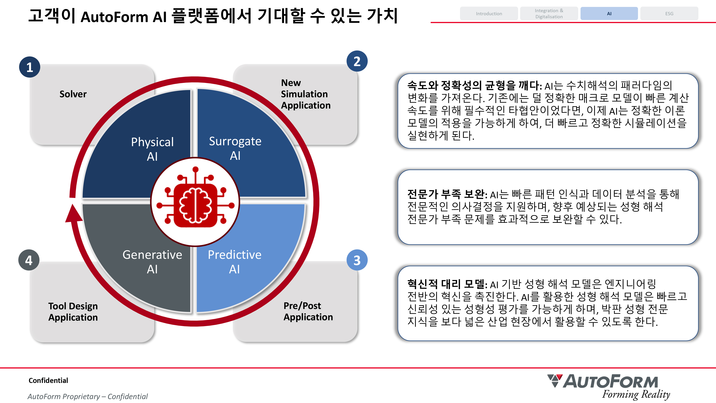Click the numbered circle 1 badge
coord(30,67)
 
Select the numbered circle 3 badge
coord(357,260)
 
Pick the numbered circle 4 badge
coord(29,260)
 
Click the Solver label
coord(73,94)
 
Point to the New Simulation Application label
coord(306,94)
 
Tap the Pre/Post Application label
coord(308,311)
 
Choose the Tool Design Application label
coord(73,311)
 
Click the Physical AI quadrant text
coord(152,149)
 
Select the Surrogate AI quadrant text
coord(235,148)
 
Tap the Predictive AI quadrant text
coord(235,262)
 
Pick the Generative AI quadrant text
coord(152,262)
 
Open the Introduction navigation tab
coord(489,14)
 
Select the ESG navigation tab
coord(669,14)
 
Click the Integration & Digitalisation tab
coord(549,14)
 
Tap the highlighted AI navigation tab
coord(609,14)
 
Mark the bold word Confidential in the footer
coord(48,380)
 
